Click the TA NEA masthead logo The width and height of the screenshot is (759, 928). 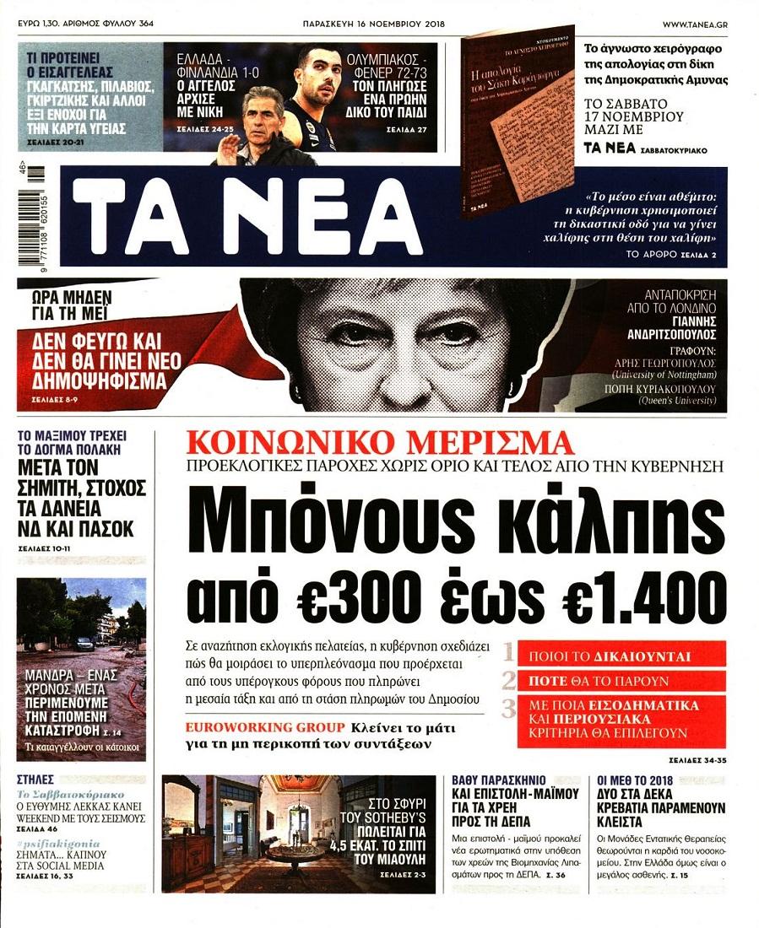pyautogui.click(x=245, y=218)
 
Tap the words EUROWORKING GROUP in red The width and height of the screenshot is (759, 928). pyautogui.click(x=266, y=727)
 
